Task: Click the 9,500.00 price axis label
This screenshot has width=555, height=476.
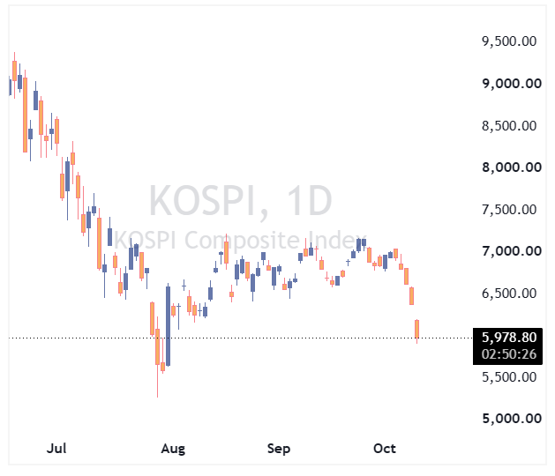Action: (509, 41)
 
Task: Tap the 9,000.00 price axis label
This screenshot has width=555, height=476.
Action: (512, 84)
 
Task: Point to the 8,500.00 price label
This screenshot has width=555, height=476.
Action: (509, 125)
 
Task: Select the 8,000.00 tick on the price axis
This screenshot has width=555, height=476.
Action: (512, 167)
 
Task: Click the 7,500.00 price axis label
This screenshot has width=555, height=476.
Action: (509, 210)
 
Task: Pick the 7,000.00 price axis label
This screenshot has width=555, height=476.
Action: (512, 251)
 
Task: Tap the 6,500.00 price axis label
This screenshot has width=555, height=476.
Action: (509, 294)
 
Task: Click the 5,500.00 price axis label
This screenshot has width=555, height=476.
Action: (509, 377)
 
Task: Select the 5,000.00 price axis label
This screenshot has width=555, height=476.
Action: (512, 419)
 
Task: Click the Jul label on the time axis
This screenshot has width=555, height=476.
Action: (56, 449)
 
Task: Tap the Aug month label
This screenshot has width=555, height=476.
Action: (173, 449)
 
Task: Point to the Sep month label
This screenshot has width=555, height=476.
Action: (279, 449)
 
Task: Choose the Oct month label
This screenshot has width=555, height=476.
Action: (385, 449)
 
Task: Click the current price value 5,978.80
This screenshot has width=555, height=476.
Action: (509, 338)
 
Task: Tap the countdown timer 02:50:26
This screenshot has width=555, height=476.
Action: (509, 354)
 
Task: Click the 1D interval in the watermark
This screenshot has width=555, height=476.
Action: (309, 200)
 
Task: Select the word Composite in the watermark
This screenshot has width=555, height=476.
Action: (242, 240)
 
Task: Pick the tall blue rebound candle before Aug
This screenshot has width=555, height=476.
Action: (168, 325)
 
